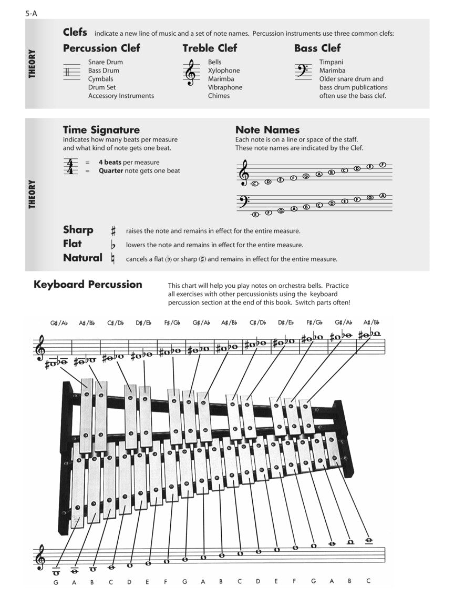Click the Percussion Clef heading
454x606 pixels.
(x=101, y=48)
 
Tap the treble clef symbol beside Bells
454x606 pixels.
(x=191, y=72)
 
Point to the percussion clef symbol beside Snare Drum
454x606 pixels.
(x=71, y=72)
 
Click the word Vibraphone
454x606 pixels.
(x=225, y=87)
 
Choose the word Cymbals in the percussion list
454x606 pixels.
(x=100, y=79)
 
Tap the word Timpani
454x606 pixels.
(x=331, y=62)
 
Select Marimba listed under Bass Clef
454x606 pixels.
(x=332, y=70)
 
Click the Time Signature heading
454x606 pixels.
(x=101, y=130)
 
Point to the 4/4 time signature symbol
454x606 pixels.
(x=69, y=166)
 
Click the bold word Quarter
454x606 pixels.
(x=111, y=170)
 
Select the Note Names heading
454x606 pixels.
(x=267, y=130)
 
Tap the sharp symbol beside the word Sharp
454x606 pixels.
(x=113, y=231)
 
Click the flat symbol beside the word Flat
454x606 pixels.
(x=112, y=245)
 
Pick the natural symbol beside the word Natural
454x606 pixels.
(x=112, y=259)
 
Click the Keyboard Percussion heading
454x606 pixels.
(x=88, y=285)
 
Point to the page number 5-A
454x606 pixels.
(x=31, y=14)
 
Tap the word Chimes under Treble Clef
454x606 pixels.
(x=219, y=96)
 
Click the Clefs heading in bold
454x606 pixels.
(x=75, y=32)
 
